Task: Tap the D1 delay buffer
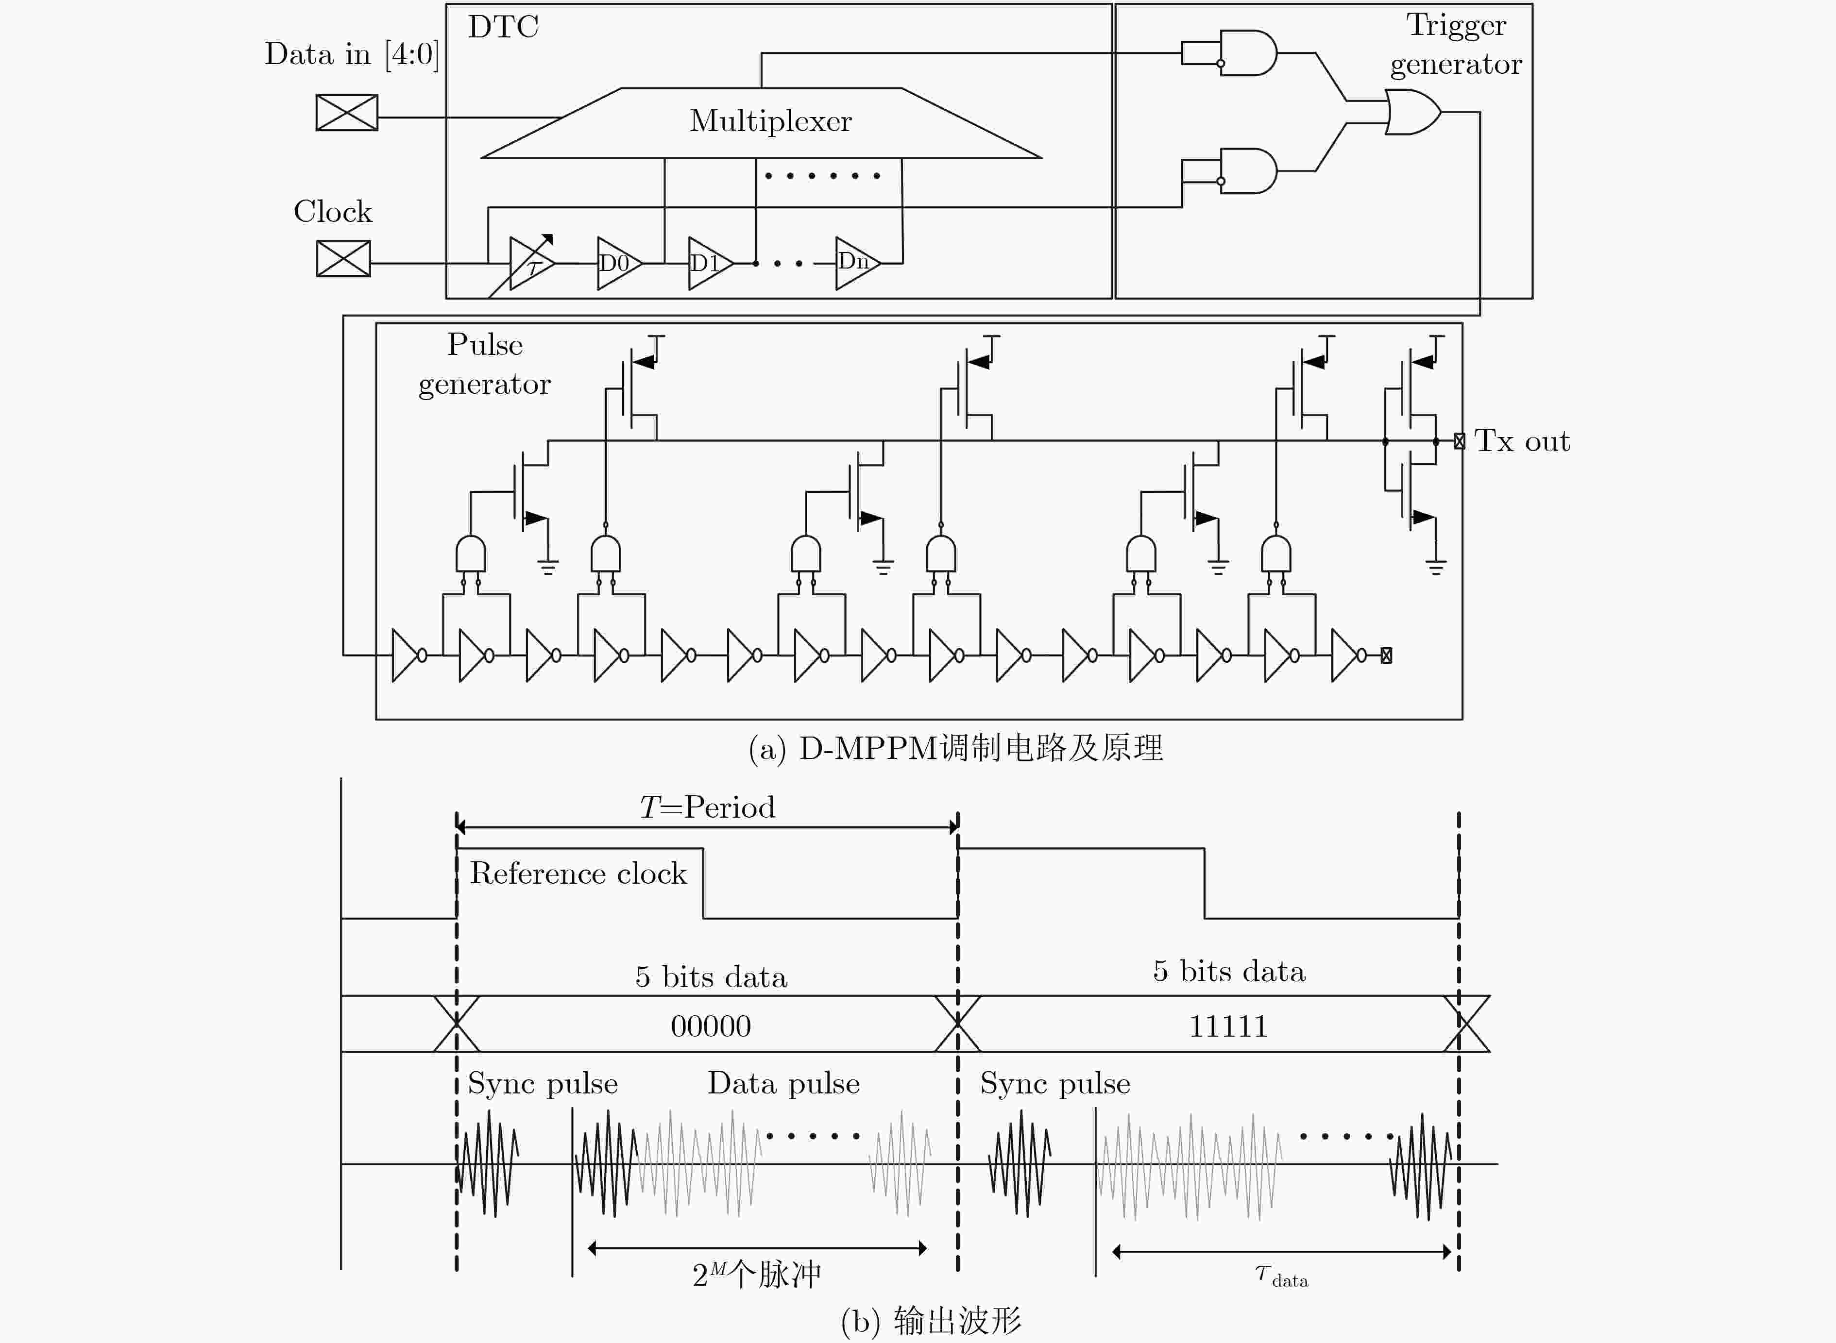coord(710,263)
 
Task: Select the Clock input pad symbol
coord(343,258)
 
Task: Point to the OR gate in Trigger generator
coord(1412,112)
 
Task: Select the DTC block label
coord(503,27)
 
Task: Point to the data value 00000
coord(711,1026)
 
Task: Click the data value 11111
coord(1228,1026)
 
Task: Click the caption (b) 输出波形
coord(931,1321)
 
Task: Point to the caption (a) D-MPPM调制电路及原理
coord(955,748)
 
